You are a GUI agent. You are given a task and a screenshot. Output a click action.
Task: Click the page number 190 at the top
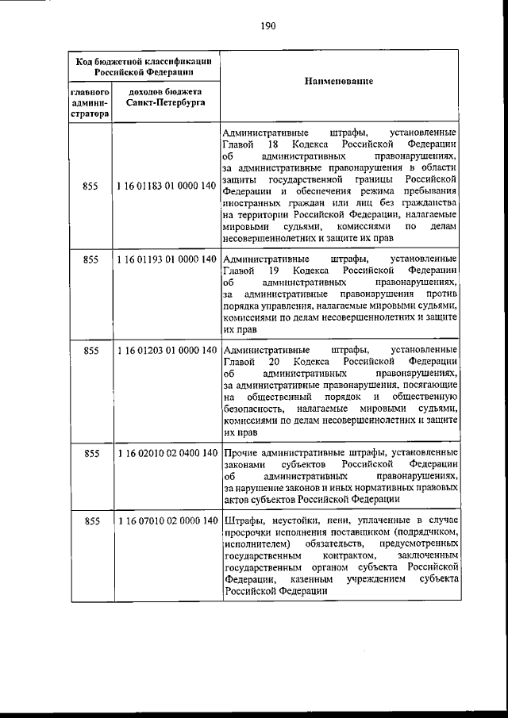[x=267, y=25]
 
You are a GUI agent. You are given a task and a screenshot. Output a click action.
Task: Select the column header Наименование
[x=338, y=83]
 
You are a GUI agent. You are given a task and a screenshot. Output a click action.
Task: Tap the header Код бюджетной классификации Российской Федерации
[x=143, y=65]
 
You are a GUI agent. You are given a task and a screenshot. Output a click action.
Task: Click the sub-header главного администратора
[x=90, y=103]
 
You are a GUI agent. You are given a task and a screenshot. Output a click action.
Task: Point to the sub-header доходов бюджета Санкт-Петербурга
[x=165, y=98]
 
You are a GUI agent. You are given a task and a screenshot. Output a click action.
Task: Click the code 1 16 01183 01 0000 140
[x=165, y=186]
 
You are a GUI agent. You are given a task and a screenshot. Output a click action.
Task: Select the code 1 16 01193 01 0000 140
[x=165, y=259]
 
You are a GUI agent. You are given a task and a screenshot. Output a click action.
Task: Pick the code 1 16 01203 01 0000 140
[x=165, y=350]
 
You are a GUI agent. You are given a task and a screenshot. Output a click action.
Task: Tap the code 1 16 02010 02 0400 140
[x=165, y=453]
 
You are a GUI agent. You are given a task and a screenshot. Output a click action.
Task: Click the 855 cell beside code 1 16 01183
[x=90, y=186]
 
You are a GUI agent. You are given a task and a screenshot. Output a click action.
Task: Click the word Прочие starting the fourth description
[x=241, y=452]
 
